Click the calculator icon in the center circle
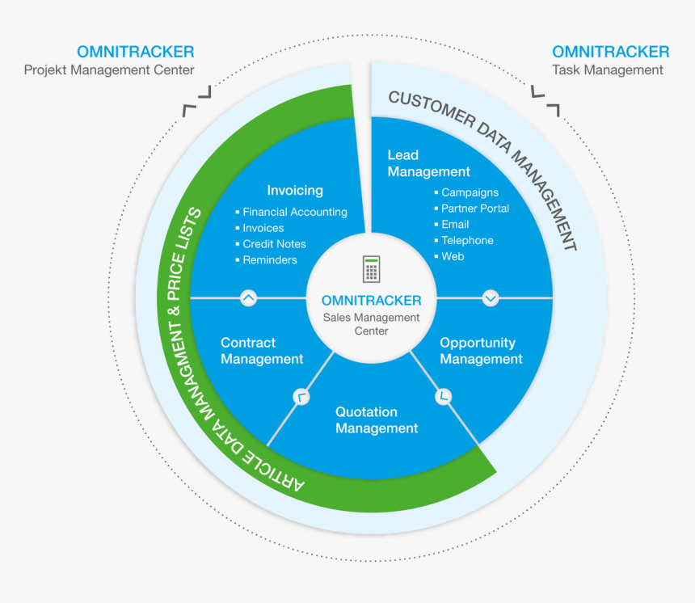coord(371,269)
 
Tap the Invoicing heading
coord(295,191)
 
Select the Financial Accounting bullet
coord(295,212)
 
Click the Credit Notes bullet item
coord(274,244)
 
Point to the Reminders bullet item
coord(270,260)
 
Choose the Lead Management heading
coord(428,163)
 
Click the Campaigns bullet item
coord(470,192)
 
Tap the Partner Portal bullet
coord(475,209)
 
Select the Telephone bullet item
coord(467,240)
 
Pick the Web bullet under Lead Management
coord(453,256)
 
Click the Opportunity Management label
coord(481,351)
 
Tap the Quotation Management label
coord(377,420)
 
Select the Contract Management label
coord(262,351)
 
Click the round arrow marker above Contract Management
coord(249,297)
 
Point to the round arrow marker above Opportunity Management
coord(491,297)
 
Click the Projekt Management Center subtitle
coord(109,70)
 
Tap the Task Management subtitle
coord(608,70)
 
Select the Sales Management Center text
coord(371,324)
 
